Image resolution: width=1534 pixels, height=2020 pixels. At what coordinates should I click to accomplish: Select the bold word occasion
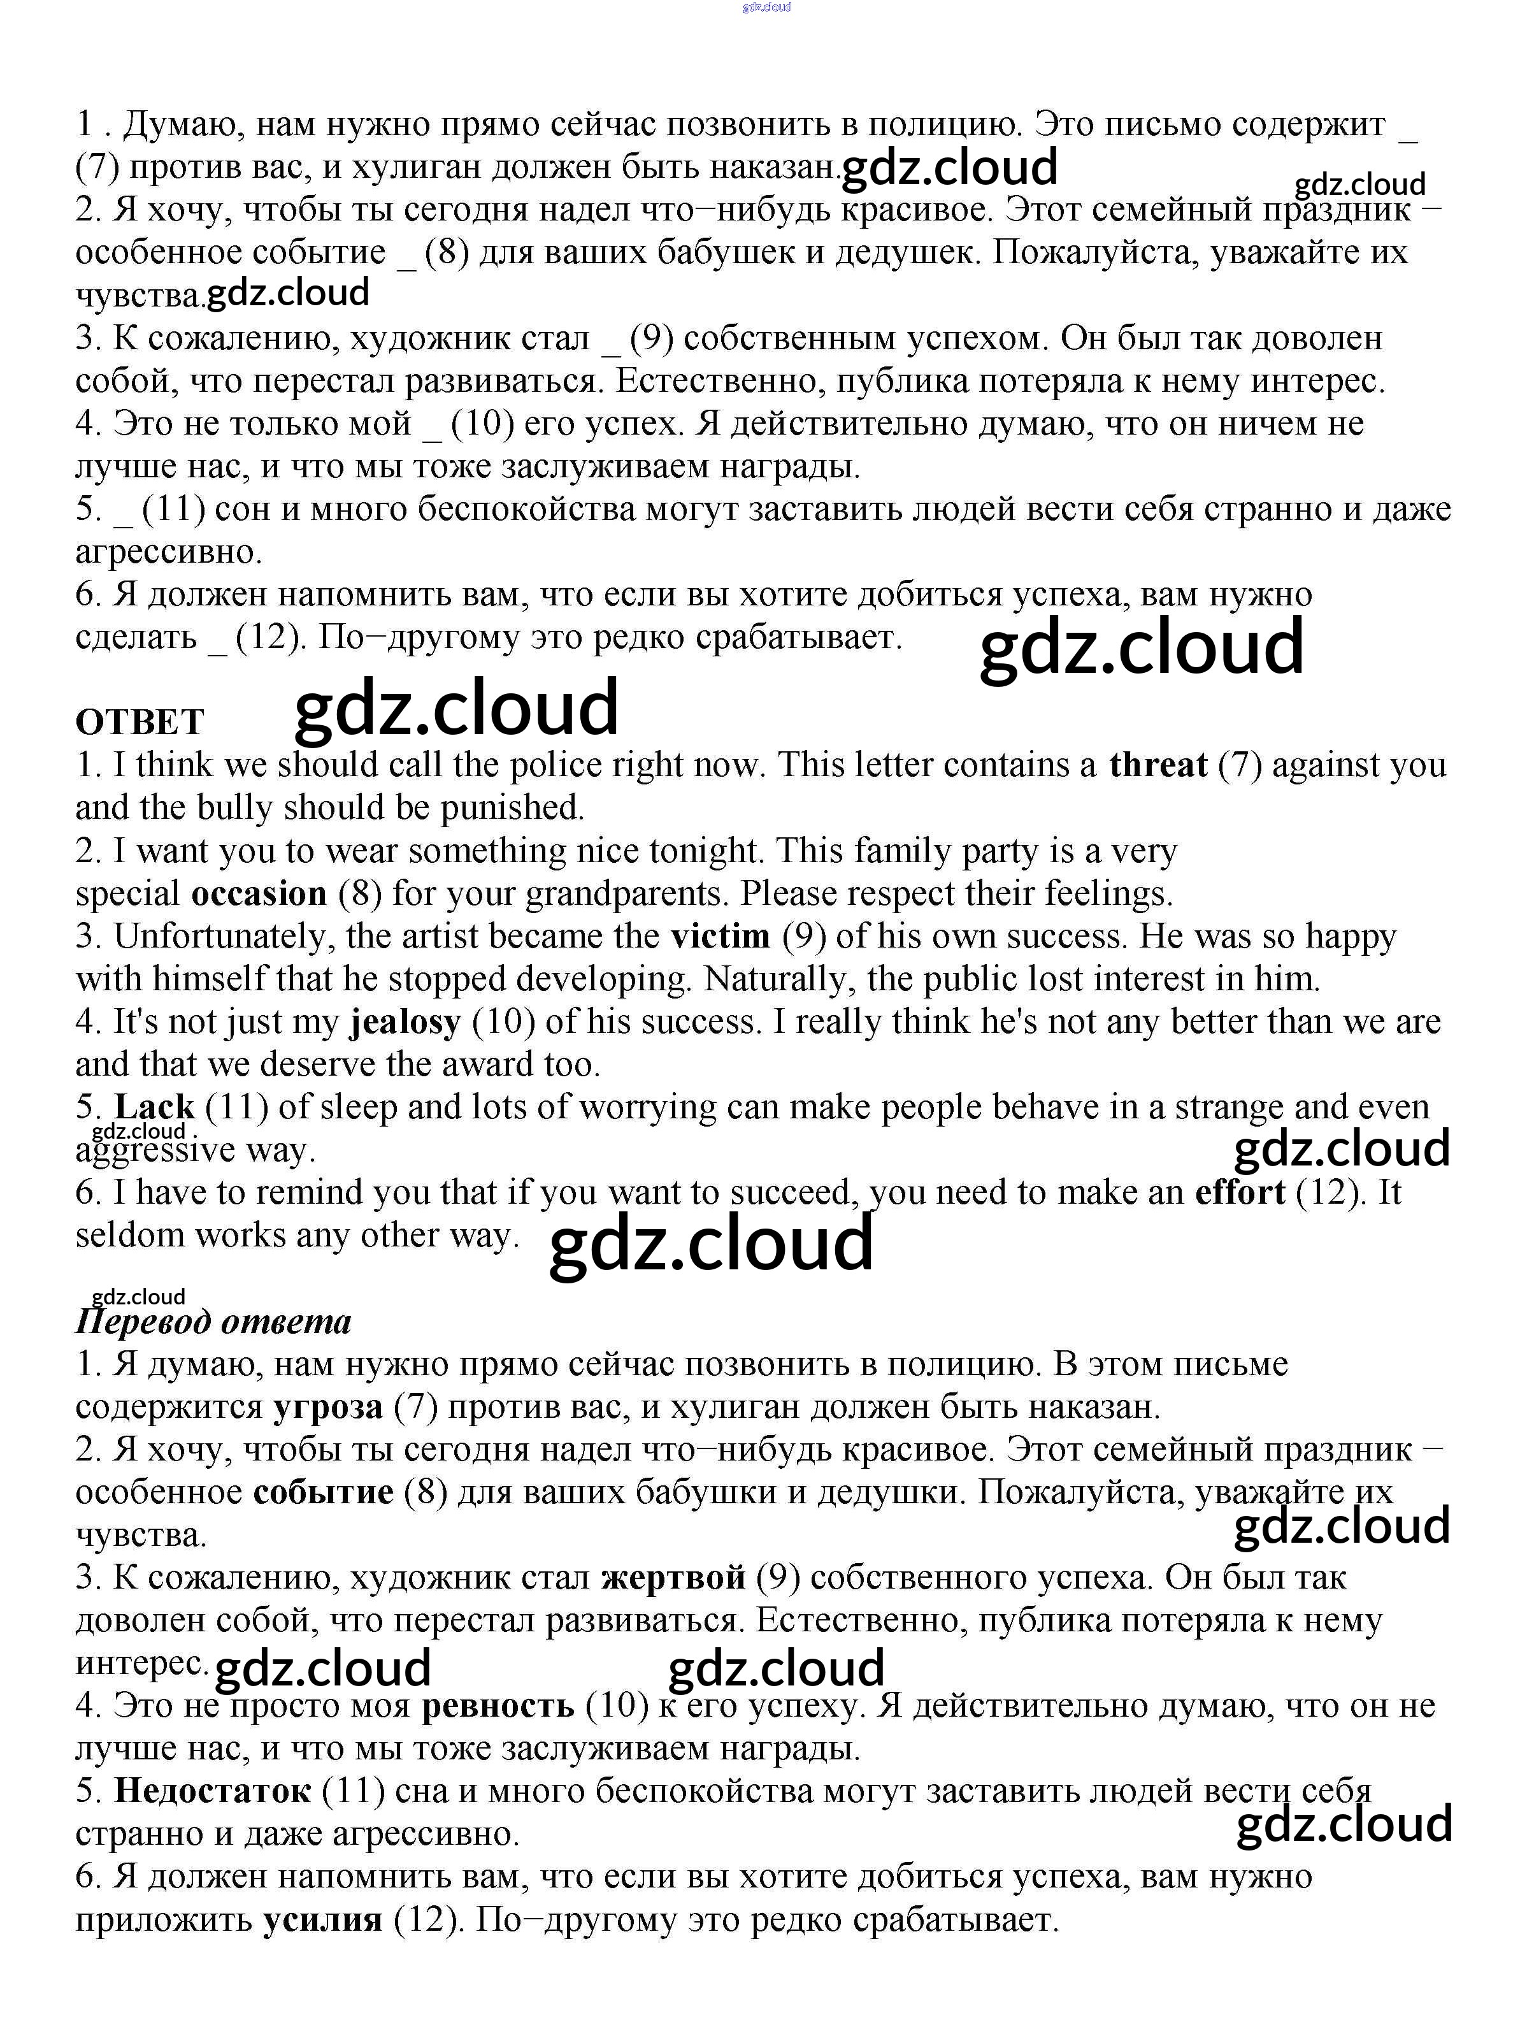tap(259, 893)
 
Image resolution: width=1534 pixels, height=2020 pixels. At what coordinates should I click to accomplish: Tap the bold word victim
tap(720, 936)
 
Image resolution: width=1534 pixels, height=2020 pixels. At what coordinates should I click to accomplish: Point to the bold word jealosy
tap(405, 1022)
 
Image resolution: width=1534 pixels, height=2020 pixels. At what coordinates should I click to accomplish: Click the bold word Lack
tap(154, 1107)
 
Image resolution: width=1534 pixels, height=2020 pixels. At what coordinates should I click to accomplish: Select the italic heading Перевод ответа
tap(213, 1322)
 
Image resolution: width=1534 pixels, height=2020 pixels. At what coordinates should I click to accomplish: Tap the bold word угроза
tap(328, 1407)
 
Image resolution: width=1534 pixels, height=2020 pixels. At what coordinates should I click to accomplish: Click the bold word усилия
tap(322, 1919)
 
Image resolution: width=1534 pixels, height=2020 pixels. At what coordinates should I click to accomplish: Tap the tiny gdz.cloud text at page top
tap(767, 6)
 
